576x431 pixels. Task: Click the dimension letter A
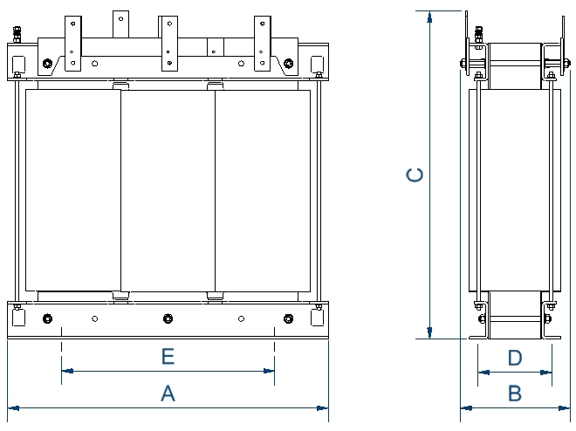(168, 393)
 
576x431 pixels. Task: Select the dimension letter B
(515, 393)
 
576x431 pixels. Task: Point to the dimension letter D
(515, 357)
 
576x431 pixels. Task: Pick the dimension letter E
(168, 356)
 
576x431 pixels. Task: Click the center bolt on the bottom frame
(168, 318)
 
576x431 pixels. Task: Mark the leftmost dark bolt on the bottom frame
(46, 318)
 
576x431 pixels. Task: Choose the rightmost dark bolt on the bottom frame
(288, 318)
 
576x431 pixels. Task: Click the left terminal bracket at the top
(72, 42)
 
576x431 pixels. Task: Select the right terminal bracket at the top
(263, 41)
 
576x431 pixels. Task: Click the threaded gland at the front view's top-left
(17, 36)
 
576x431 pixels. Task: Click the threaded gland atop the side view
(477, 36)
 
